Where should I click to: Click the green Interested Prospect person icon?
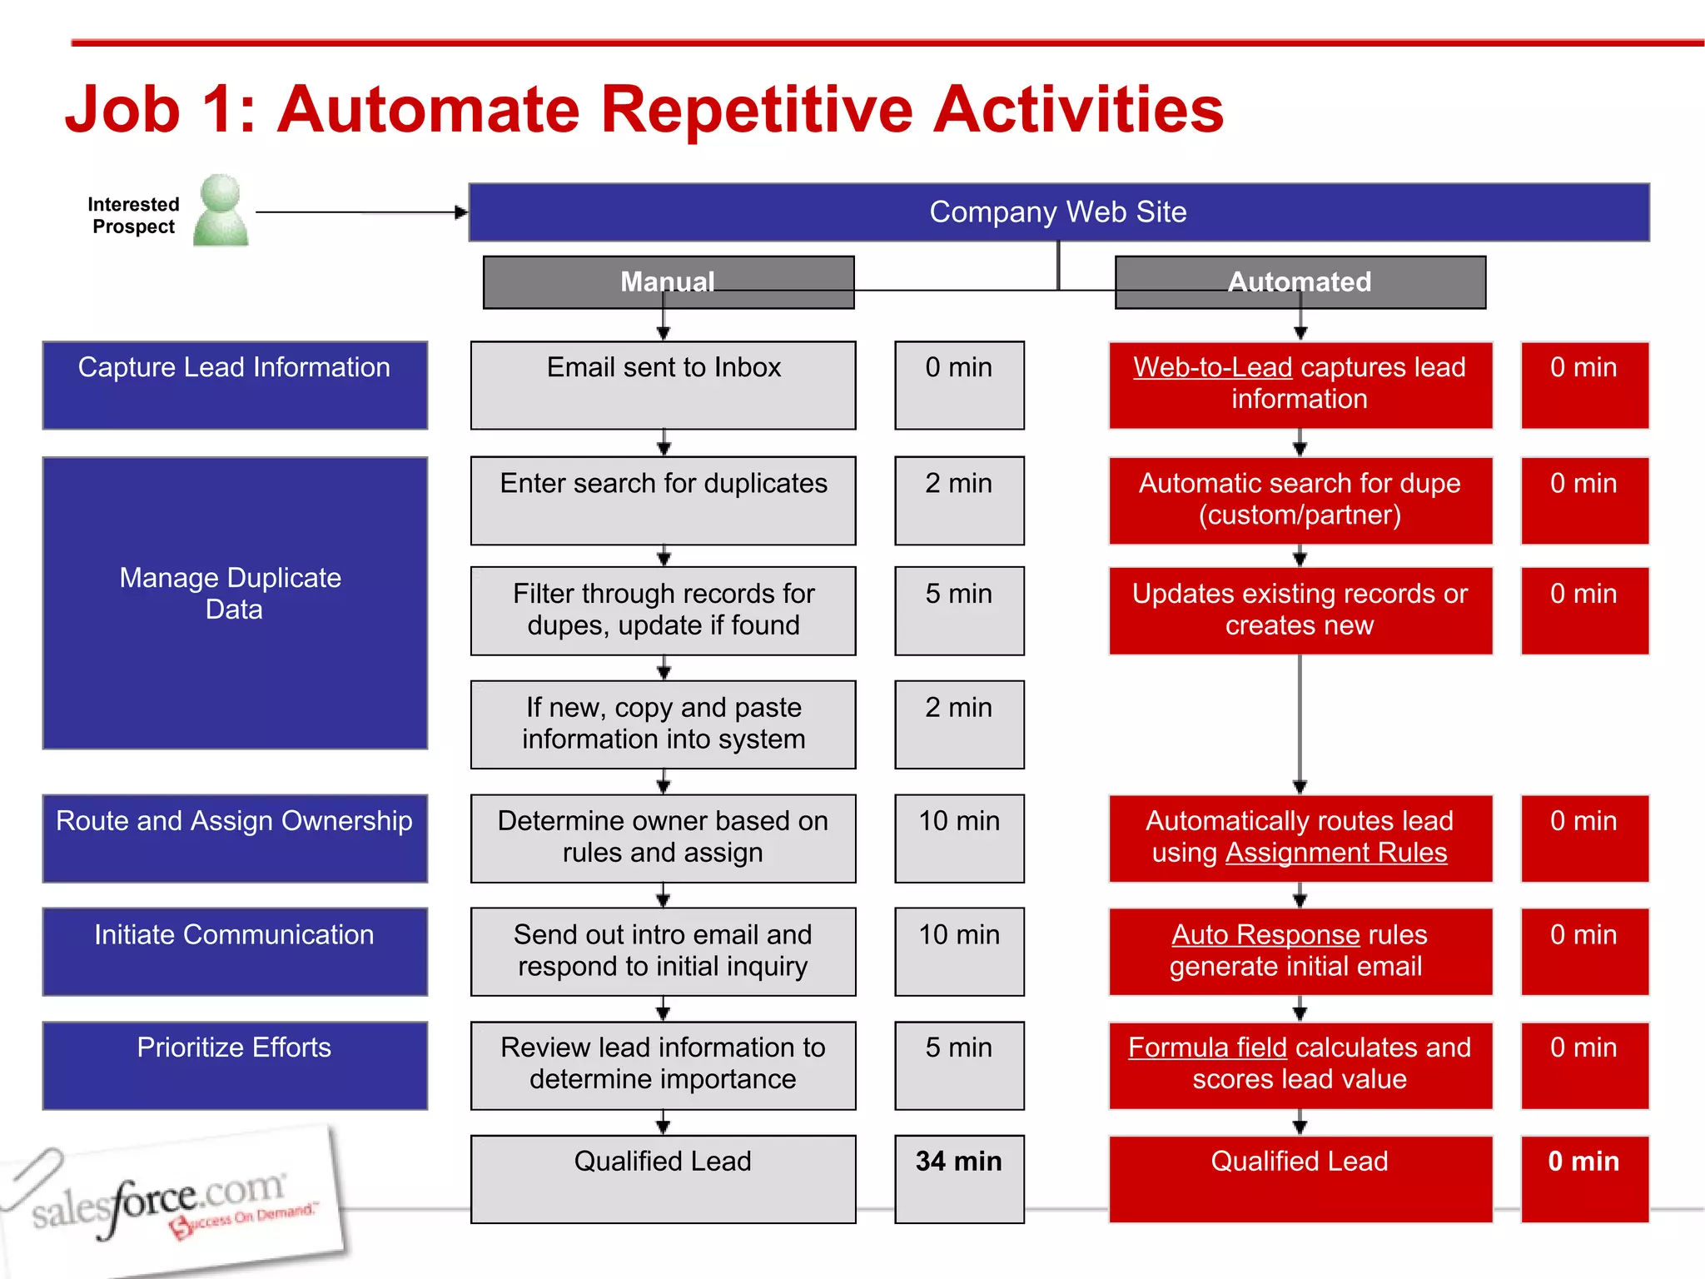(x=221, y=211)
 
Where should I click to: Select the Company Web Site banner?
(x=1058, y=212)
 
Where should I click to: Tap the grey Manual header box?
(x=668, y=281)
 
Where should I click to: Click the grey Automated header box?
(x=1300, y=281)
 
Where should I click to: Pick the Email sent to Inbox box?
(x=663, y=385)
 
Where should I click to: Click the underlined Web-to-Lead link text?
(x=1212, y=367)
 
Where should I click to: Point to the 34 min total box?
(x=959, y=1178)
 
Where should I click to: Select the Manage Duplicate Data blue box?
(x=235, y=603)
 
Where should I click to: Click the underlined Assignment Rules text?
(x=1335, y=853)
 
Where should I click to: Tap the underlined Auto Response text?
(x=1265, y=934)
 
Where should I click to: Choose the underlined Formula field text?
(x=1207, y=1048)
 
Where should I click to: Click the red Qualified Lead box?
(x=1300, y=1178)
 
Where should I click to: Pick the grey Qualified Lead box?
(x=663, y=1178)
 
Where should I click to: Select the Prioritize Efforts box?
(x=235, y=1065)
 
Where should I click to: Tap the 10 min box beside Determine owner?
(x=959, y=838)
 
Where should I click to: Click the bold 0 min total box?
(x=1584, y=1178)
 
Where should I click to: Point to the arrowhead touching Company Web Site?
(x=461, y=212)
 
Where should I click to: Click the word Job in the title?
(x=122, y=109)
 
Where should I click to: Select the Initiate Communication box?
(x=235, y=951)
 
